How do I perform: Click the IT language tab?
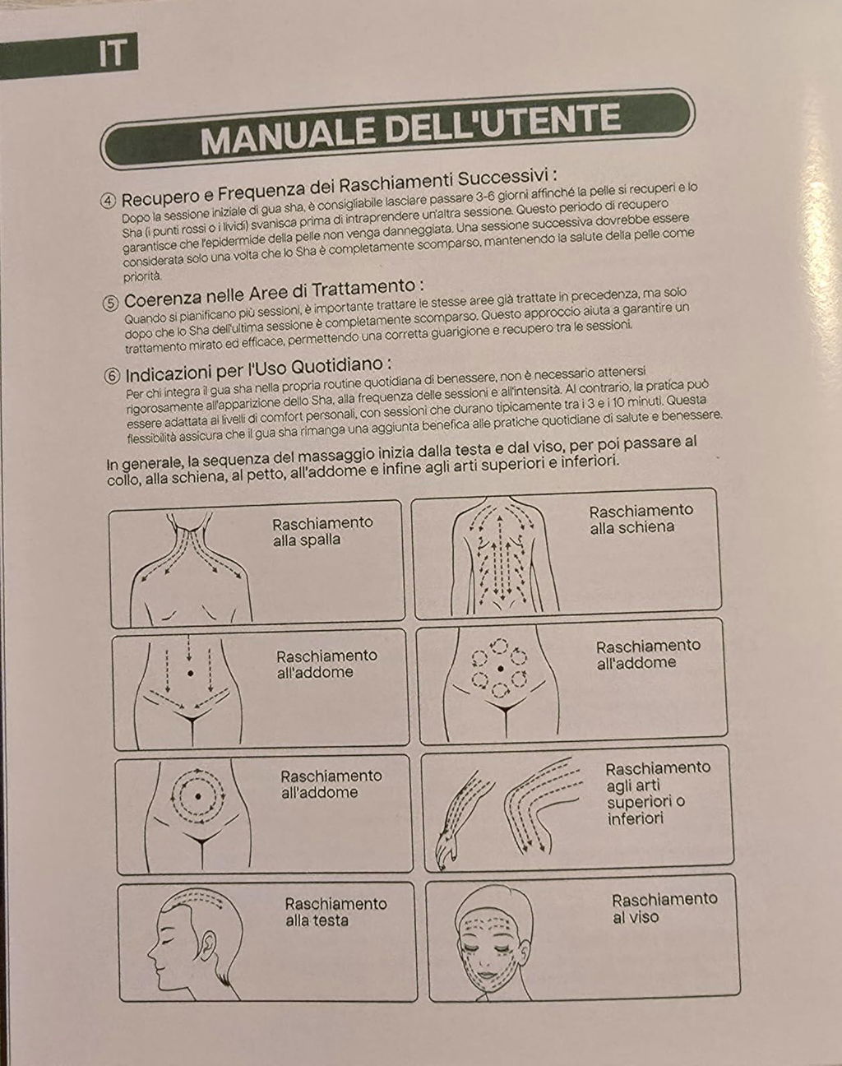[x=113, y=53]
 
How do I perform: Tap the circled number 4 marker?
[x=109, y=202]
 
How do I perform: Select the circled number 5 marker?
[x=110, y=304]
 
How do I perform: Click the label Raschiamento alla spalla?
[x=322, y=531]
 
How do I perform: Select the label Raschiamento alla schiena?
[x=641, y=520]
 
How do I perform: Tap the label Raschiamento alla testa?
[x=335, y=912]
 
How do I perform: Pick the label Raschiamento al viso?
[x=664, y=908]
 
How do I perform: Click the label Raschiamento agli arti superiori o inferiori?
[x=658, y=793]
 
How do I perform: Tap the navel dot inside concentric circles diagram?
[x=197, y=796]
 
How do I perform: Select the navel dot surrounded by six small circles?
[x=500, y=669]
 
